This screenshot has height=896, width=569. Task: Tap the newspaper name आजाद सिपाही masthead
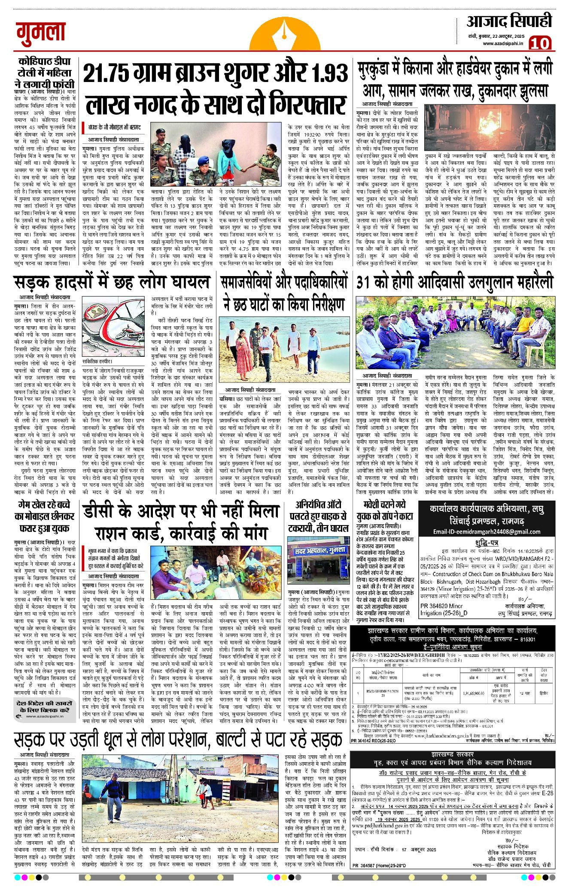pos(509,21)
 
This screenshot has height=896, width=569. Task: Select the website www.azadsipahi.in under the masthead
pos(502,43)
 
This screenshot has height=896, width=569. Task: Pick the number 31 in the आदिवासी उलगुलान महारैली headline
pos(363,282)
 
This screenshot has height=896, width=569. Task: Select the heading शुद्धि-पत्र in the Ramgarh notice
pos(487,543)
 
